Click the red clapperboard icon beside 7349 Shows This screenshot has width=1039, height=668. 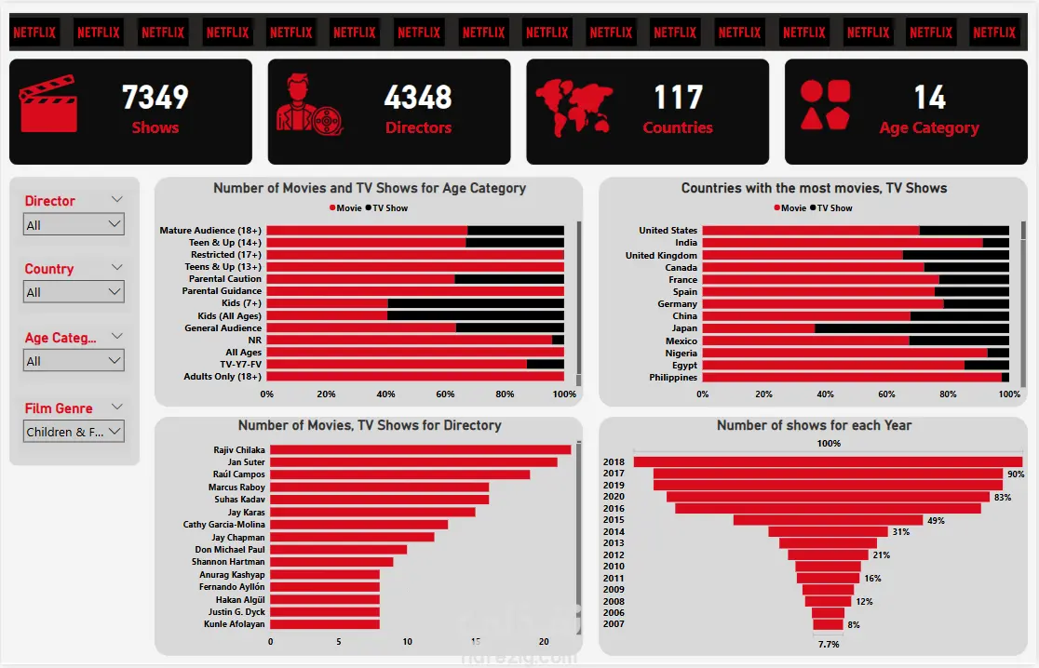(48, 104)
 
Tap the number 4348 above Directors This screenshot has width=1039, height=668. (418, 98)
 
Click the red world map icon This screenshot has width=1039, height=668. (573, 107)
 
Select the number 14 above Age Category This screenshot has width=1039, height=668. (930, 98)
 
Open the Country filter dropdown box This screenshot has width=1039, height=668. (74, 292)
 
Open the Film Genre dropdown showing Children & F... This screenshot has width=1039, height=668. (74, 432)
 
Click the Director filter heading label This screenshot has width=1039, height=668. (49, 201)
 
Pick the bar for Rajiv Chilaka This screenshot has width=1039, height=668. (420, 450)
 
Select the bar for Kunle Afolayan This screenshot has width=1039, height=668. (325, 623)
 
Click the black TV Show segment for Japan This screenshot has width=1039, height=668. (911, 328)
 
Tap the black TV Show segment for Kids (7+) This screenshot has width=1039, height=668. (476, 303)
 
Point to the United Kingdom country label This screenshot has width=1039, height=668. (661, 256)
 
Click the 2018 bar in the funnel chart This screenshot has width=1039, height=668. (828, 461)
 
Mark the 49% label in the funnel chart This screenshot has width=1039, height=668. (937, 520)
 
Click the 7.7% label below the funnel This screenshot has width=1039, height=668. (829, 644)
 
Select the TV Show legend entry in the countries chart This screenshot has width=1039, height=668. (831, 207)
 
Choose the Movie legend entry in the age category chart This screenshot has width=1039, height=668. (345, 207)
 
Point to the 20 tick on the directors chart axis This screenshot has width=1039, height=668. (544, 642)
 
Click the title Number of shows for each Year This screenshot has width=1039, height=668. (814, 425)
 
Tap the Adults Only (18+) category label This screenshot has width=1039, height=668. (223, 377)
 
